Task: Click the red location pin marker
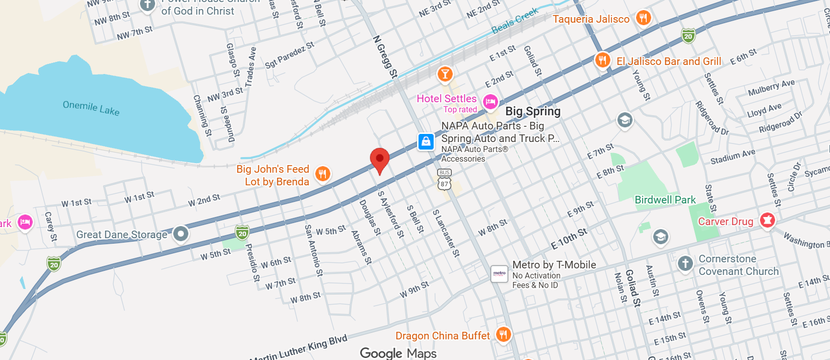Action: pos(380,160)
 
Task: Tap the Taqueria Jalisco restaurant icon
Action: pos(643,18)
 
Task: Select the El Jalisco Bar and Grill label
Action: pos(669,61)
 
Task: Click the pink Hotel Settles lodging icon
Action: pos(490,102)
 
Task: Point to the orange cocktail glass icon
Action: pos(445,75)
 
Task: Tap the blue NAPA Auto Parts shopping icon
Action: pos(426,141)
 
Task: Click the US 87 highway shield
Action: pos(444,184)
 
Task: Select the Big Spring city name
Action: pos(533,111)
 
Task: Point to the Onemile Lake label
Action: pos(91,108)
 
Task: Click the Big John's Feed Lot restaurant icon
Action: pos(322,174)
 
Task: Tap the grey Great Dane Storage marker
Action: pos(180,234)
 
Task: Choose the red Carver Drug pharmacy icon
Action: pos(767,220)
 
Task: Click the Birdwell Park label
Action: pos(665,200)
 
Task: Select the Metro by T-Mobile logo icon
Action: pos(499,274)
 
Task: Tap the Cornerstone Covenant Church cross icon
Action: pos(685,263)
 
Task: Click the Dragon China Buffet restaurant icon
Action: pos(503,334)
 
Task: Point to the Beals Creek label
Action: pos(515,21)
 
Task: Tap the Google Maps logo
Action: pos(398,353)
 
